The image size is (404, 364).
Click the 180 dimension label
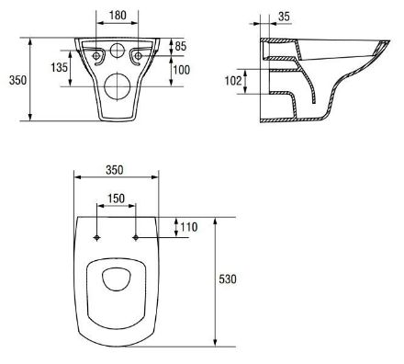(x=118, y=15)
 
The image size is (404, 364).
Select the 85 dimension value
(x=180, y=46)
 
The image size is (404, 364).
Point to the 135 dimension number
(x=59, y=67)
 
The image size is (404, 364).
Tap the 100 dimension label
(x=182, y=70)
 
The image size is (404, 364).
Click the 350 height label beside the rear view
(x=17, y=80)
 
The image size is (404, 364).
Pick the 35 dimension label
(x=284, y=17)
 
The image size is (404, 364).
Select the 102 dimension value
(x=233, y=81)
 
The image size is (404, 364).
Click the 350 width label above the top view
(x=115, y=170)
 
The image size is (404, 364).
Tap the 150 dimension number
(x=116, y=199)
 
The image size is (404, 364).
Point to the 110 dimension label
(x=189, y=227)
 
